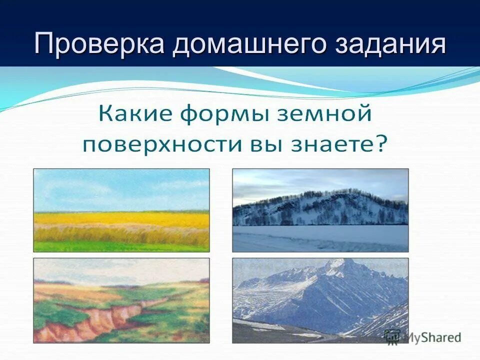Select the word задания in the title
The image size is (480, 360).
[390, 44]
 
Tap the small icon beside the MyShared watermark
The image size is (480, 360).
[392, 336]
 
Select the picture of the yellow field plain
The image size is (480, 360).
[121, 210]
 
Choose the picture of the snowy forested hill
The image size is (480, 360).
[320, 210]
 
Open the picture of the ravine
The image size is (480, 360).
[121, 300]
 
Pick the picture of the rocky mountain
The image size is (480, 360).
[320, 300]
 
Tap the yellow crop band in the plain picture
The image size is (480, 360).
[121, 218]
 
